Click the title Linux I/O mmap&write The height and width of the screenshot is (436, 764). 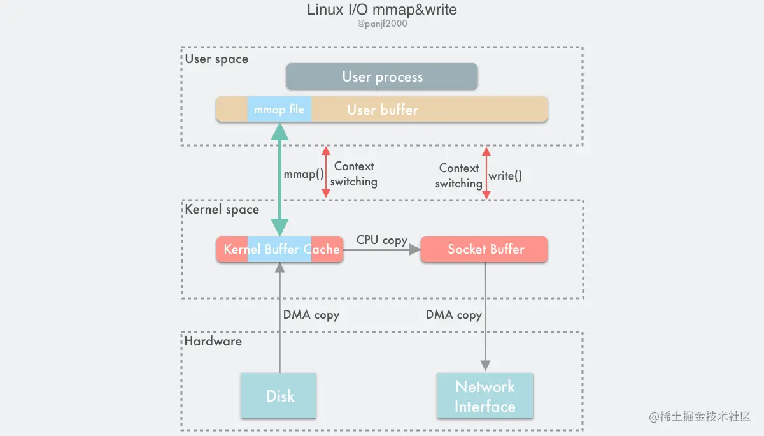pos(382,10)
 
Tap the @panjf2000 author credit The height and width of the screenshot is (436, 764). pos(382,24)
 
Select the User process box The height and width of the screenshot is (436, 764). pos(382,76)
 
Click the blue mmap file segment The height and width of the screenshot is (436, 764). pos(279,110)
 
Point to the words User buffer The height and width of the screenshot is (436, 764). pos(383,110)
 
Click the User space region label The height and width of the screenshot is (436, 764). pos(216,59)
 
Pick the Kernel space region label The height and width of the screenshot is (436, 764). pos(222,209)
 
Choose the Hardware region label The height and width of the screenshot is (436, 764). pos(213,341)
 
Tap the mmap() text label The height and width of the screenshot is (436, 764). pos(303,173)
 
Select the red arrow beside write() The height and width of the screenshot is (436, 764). pos(486,173)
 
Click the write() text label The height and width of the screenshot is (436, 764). pos(506,176)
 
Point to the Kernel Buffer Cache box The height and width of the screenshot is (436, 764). pos(279,249)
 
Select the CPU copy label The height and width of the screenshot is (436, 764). pos(382,240)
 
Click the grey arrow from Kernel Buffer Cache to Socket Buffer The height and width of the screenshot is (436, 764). pos(382,249)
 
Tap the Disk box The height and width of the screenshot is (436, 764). pos(279,396)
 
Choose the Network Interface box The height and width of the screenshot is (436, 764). pos(485,396)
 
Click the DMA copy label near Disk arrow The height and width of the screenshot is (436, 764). pos(311,315)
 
